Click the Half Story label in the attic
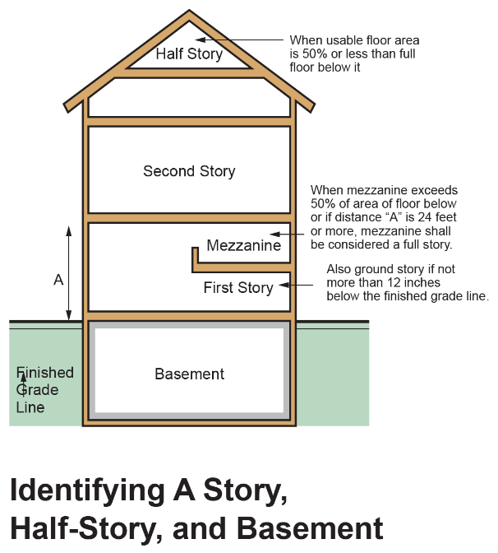189,54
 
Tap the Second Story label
189,171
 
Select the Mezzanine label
244,245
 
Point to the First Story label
238,287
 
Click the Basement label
189,374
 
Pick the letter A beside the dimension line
58,280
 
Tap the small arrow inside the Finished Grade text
23,381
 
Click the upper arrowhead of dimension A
69,230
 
